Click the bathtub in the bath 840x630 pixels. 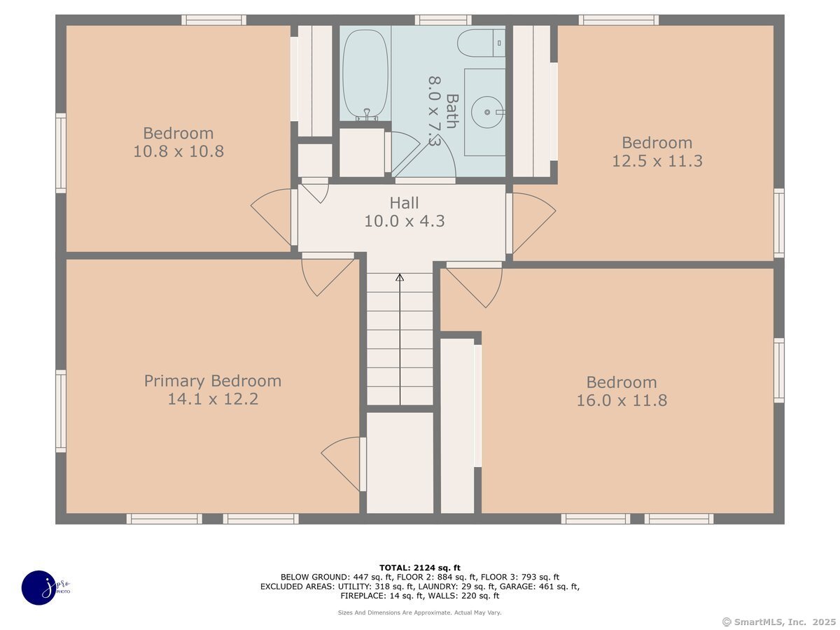(x=365, y=75)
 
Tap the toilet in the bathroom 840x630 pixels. (x=481, y=43)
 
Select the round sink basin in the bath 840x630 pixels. (x=486, y=112)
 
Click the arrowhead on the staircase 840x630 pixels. (x=400, y=277)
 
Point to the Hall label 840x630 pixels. (x=404, y=203)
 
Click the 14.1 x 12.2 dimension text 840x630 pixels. (x=213, y=399)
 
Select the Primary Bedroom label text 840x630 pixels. (x=213, y=381)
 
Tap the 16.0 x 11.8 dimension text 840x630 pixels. (x=622, y=400)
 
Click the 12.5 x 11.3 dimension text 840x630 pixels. (x=657, y=161)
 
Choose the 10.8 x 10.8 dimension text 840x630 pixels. (x=178, y=151)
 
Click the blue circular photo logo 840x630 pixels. (x=39, y=587)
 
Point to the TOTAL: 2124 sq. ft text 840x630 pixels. (x=420, y=567)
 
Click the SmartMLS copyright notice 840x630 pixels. (x=779, y=622)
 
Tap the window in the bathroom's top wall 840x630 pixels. (x=443, y=20)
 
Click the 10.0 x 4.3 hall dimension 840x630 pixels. (x=404, y=221)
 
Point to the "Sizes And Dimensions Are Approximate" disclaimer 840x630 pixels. (x=419, y=612)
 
